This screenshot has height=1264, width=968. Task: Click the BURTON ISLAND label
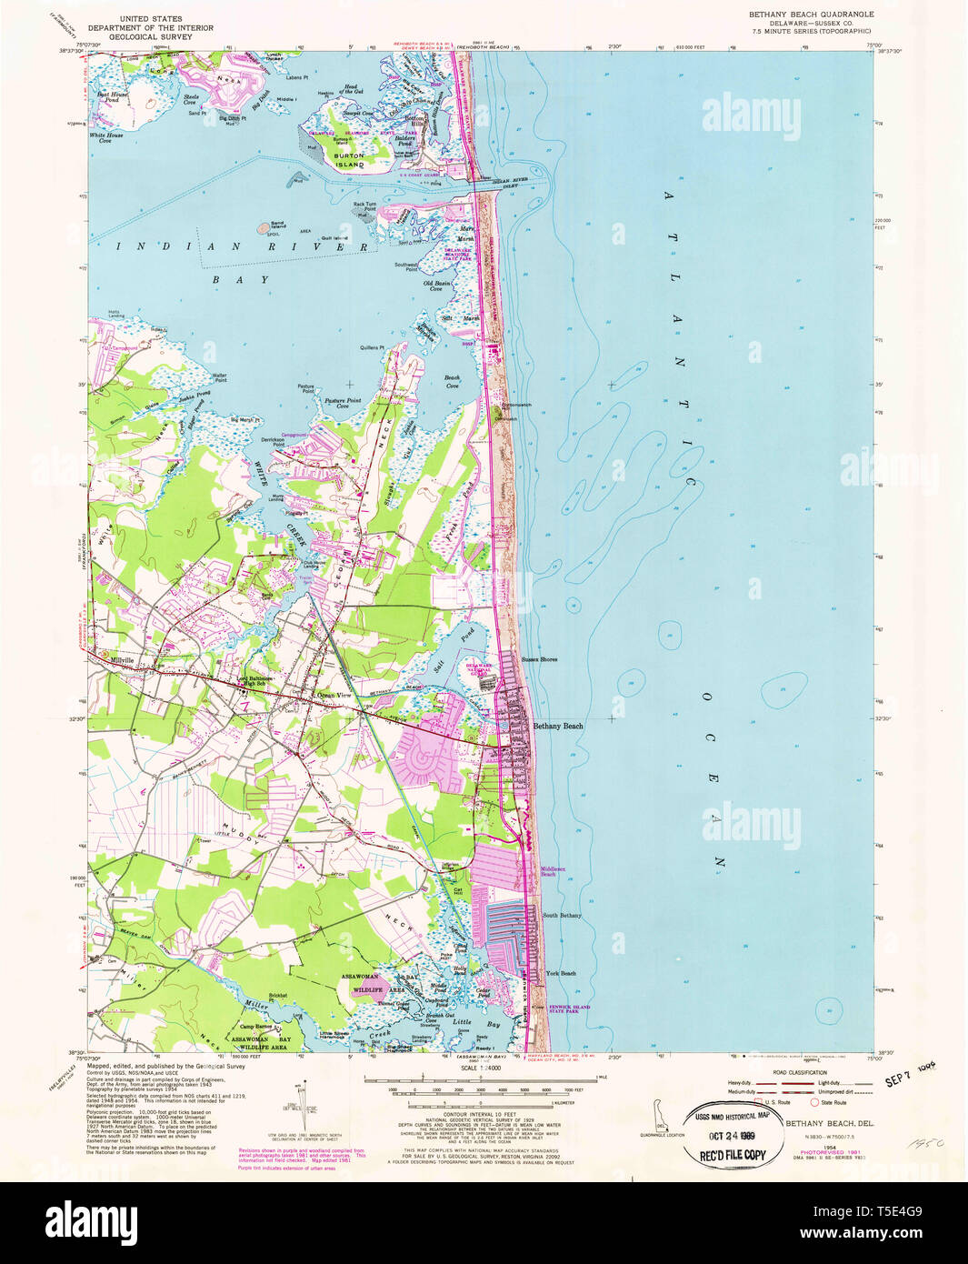(350, 161)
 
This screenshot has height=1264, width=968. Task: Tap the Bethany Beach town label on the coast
(558, 726)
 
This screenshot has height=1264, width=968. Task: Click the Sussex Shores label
(539, 659)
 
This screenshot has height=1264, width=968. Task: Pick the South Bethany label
(562, 915)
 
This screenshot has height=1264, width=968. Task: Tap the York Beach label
(560, 973)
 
